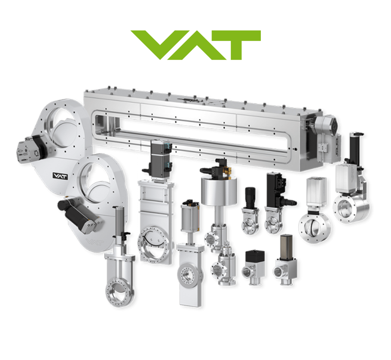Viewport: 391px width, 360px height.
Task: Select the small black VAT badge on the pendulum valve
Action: [x=60, y=176]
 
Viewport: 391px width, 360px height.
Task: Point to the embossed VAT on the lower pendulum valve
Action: [x=94, y=242]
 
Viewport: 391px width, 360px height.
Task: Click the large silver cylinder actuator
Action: [x=219, y=191]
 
